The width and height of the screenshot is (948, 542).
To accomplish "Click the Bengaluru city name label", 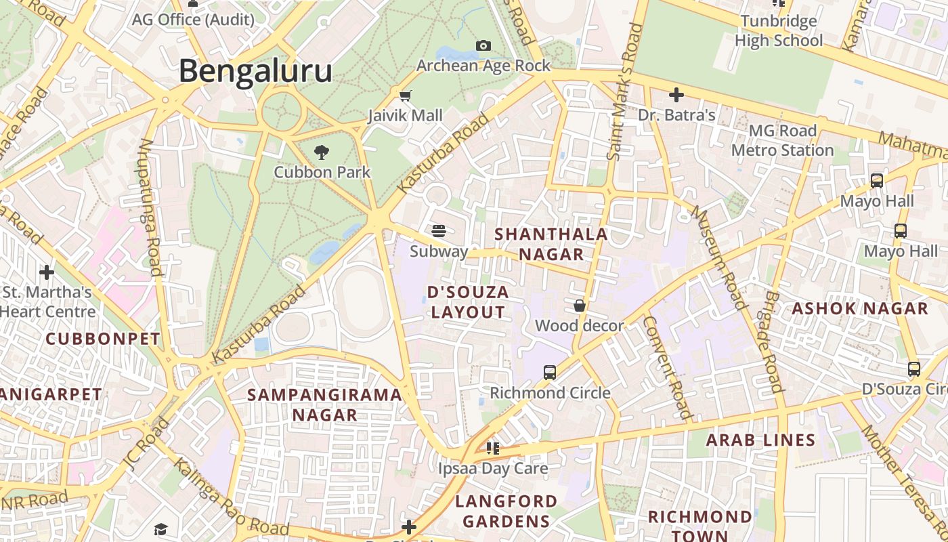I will point(255,71).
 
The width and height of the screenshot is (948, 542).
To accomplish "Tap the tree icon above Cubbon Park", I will point(322,152).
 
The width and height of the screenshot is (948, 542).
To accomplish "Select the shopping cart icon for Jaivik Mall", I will point(405,96).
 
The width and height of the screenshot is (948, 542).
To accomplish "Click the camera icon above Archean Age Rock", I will point(483,45).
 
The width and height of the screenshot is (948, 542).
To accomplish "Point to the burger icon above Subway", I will point(439,231).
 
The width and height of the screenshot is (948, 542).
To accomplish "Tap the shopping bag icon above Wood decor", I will point(580,306).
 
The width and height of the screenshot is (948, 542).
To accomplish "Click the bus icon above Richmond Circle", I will point(550,372).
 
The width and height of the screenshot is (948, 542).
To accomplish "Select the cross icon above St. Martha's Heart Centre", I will point(47,272).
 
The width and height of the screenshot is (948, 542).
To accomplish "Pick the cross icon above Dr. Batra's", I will point(676,95).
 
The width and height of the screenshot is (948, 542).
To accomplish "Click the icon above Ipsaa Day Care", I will point(493,448).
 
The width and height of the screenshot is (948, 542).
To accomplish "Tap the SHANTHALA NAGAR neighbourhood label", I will point(551,244).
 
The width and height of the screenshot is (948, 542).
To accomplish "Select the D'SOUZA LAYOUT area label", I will point(468,302).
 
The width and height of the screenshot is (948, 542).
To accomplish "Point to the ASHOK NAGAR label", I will point(860,309).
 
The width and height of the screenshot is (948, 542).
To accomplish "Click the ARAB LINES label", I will point(760,440).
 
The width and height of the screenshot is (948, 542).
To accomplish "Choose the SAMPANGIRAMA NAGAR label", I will point(324,404).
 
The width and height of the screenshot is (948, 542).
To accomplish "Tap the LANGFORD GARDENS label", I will point(506,511).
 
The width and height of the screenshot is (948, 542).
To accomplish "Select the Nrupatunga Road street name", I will point(150,207).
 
